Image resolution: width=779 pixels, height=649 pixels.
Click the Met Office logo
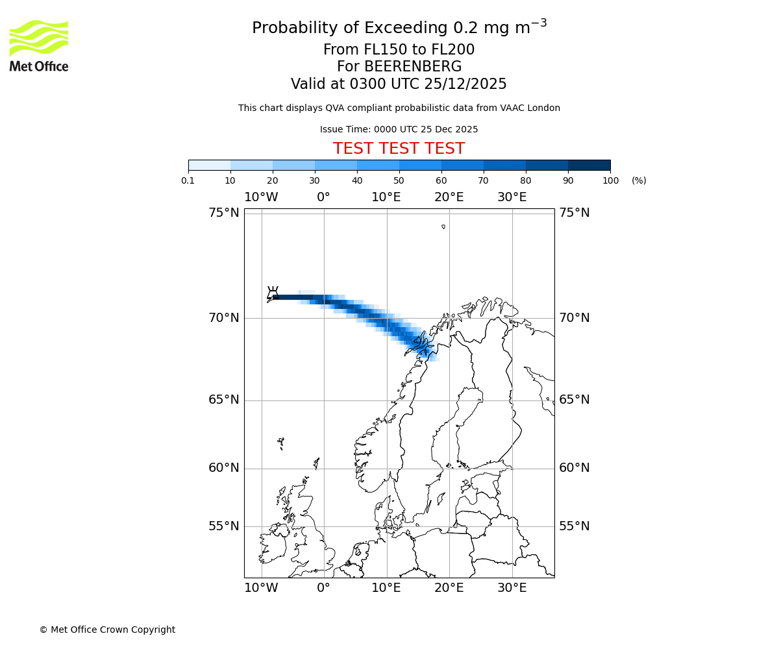[39, 45]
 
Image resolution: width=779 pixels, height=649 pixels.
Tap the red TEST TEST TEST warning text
[399, 149]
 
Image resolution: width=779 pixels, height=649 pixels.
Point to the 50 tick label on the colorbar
[399, 180]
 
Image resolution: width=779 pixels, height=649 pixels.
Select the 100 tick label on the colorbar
[610, 180]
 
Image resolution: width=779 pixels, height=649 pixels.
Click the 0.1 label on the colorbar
[188, 180]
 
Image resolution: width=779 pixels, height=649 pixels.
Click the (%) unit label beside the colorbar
[639, 180]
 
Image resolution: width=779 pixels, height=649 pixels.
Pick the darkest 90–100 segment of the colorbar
[589, 165]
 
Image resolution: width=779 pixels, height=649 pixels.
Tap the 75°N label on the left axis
[224, 213]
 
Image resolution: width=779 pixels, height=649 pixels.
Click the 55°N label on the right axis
[575, 526]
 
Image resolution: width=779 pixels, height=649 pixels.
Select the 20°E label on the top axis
[449, 197]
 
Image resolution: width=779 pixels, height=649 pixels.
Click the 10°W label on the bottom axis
[261, 588]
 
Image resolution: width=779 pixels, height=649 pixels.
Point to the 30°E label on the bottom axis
[512, 588]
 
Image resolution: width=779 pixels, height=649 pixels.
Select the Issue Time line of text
[399, 129]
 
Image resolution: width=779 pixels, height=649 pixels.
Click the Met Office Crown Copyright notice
[107, 630]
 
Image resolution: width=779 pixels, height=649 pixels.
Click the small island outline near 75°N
[443, 227]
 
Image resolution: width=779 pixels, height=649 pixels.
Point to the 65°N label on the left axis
[224, 400]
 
